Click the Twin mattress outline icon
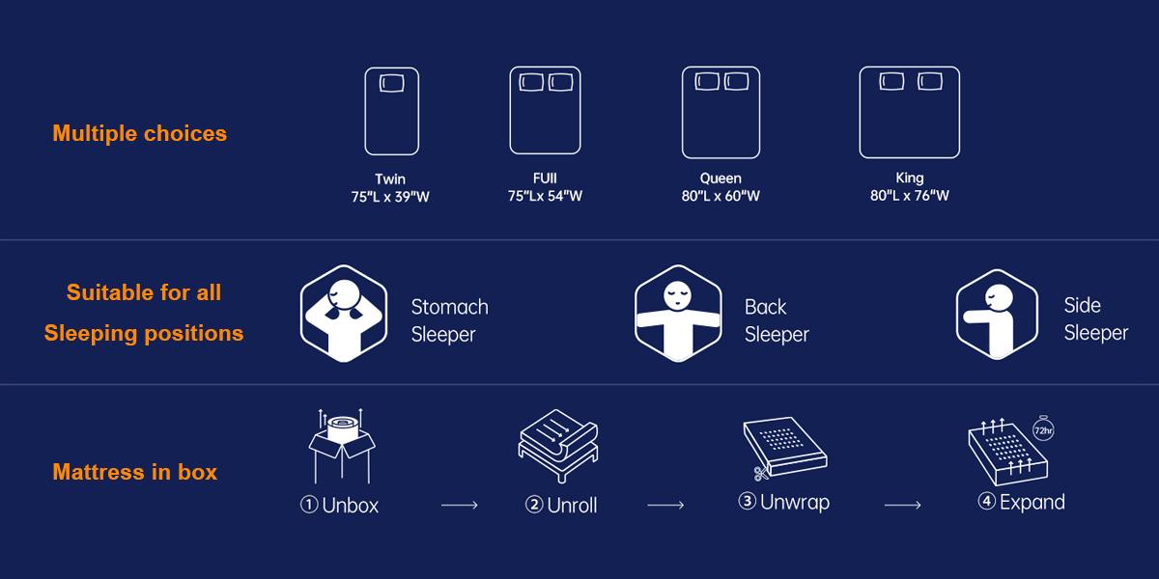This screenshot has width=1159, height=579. [365, 111]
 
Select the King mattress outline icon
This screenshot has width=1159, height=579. [860, 112]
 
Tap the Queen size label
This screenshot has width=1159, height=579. [721, 179]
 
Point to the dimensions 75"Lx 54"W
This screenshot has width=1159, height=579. [545, 196]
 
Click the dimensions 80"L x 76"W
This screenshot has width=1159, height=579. [909, 195]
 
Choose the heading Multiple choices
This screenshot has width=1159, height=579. [140, 133]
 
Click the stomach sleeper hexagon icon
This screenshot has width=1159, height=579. [344, 314]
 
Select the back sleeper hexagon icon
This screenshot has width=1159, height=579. [678, 314]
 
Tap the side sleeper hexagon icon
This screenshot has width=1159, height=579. [997, 315]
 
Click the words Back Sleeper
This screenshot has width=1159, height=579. [777, 320]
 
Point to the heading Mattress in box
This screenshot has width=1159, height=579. [134, 472]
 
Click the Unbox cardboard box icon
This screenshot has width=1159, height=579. [342, 446]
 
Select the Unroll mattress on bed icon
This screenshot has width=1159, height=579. [558, 446]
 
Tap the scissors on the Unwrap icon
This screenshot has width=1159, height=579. [761, 473]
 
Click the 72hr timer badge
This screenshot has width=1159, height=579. [1043, 429]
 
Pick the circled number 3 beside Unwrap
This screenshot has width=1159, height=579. [748, 501]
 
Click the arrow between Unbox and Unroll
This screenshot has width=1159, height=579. [460, 505]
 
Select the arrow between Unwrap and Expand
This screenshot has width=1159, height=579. [902, 505]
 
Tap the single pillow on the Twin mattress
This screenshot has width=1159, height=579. [392, 83]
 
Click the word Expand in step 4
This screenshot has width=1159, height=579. [1032, 503]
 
